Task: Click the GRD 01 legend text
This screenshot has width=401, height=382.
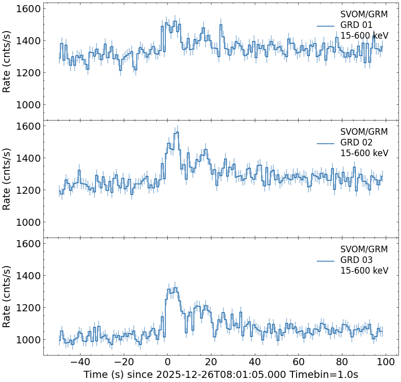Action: [x=356, y=25]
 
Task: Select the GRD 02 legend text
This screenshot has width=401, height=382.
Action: [x=356, y=142]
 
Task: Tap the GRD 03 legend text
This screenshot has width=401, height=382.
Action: [x=356, y=260]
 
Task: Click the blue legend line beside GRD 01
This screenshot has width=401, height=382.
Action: [x=325, y=25]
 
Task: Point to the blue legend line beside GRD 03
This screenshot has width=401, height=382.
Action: [x=325, y=260]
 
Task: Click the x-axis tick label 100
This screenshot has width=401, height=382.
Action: [x=386, y=363]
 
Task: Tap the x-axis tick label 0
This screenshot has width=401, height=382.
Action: [x=167, y=363]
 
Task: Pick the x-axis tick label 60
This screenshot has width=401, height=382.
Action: [x=299, y=363]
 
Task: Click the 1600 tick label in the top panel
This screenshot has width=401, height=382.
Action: [x=28, y=9]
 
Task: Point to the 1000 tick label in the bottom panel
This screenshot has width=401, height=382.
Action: [x=28, y=339]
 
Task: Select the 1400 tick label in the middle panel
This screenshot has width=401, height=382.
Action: [x=28, y=158]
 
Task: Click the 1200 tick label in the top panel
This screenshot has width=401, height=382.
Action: [x=28, y=73]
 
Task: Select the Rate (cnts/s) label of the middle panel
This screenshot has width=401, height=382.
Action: [x=7, y=179]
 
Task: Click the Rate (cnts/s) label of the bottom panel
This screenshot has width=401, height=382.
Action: [x=7, y=296]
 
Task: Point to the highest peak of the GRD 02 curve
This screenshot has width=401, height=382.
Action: [x=176, y=132]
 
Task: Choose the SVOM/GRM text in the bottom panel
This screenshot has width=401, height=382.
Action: [x=364, y=249]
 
